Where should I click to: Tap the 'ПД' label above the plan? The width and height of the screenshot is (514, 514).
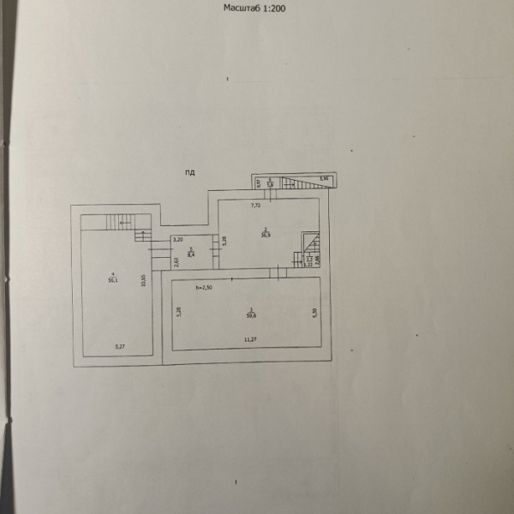coord(189,173)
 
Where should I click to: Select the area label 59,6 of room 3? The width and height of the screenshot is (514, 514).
coord(250,314)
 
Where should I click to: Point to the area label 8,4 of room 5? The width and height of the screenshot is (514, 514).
coord(191,254)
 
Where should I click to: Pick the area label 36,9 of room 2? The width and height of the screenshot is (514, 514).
coord(266,236)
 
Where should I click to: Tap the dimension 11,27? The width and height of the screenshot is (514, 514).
coord(250,341)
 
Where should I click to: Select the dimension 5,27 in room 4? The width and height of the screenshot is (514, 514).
coord(120,346)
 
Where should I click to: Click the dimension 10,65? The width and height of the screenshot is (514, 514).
coord(144,278)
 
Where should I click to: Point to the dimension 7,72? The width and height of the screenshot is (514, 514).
coord(255,206)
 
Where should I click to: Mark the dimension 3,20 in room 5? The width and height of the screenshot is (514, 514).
coord(177,241)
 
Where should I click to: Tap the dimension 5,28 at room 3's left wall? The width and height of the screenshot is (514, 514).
coord(179,313)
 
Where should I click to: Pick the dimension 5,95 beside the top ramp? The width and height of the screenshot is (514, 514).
coord(324,178)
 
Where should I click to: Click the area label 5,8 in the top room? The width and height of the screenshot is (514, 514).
coord(269,183)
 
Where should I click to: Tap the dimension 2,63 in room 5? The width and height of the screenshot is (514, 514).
coord(176,261)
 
